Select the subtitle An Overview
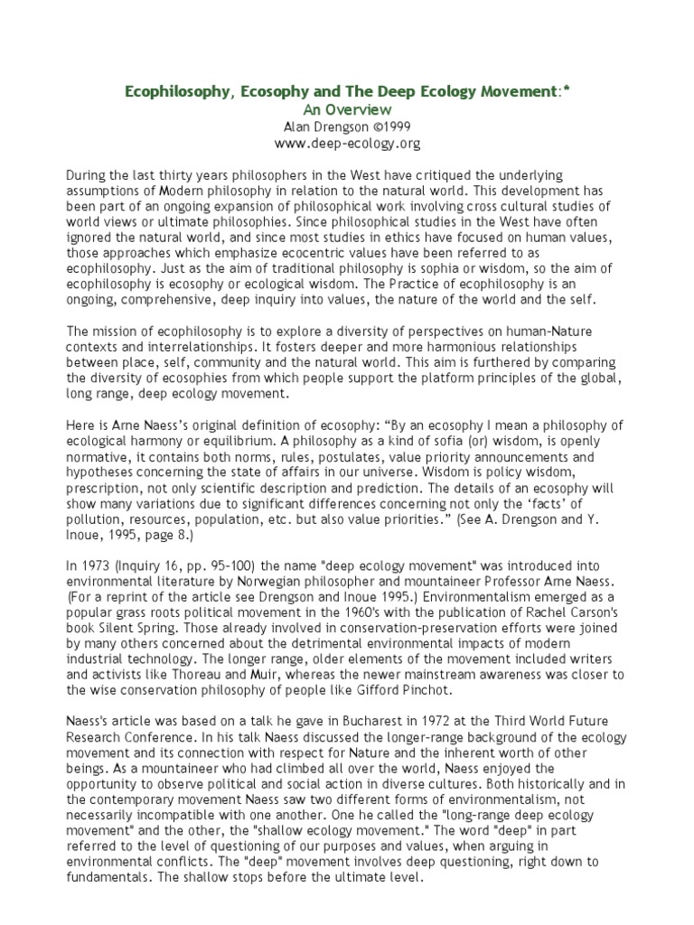point(348,109)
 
